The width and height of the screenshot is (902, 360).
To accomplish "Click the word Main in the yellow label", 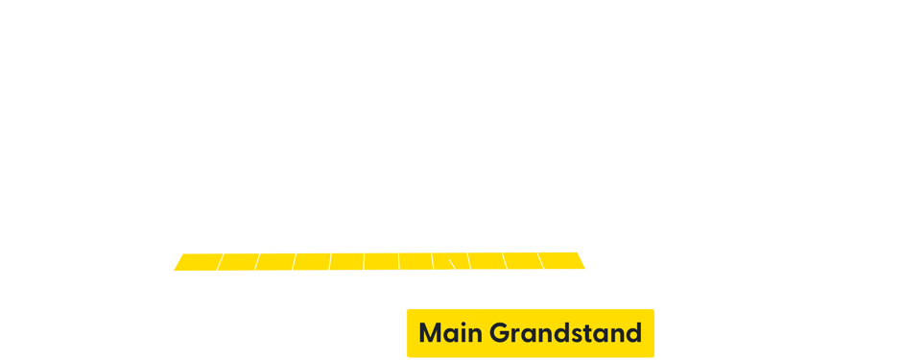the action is point(450,333).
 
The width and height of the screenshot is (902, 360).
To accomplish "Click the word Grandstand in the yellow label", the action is point(565,333).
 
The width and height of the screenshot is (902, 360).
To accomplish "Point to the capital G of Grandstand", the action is point(500,333).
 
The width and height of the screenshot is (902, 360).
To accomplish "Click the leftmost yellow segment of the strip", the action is point(196,261).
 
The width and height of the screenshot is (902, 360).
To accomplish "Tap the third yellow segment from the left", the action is point(276,261).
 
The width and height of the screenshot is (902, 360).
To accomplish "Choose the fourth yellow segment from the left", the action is point(313,261).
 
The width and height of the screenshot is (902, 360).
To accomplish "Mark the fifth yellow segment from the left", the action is point(347,261).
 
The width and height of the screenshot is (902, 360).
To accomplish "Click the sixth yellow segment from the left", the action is point(382,261).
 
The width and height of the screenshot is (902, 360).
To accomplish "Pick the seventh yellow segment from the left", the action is point(416,261).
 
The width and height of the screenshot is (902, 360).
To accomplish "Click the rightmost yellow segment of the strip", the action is point(564,261).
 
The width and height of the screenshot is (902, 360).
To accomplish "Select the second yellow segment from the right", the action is point(521,261).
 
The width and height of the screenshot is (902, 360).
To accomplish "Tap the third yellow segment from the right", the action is point(486,261).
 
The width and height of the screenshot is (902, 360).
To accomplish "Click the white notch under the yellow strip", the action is point(474,275).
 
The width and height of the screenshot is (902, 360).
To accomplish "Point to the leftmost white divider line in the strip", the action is point(220,261).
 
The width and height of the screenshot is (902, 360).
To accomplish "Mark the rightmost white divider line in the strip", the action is point(541,261).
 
